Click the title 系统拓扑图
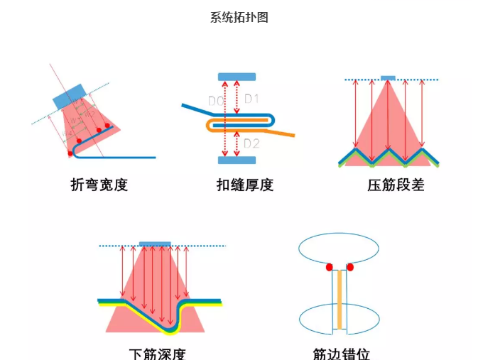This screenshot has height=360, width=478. (x=239, y=18)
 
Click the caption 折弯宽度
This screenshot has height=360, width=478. (x=99, y=185)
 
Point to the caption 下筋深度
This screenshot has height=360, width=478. (x=158, y=353)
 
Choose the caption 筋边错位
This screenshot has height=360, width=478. (x=341, y=353)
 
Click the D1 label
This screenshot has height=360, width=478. (x=252, y=99)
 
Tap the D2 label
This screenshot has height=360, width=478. (x=251, y=144)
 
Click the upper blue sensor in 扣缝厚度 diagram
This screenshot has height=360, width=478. (x=237, y=76)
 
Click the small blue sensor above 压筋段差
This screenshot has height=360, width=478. (x=388, y=77)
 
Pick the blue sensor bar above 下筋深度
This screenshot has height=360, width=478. (x=155, y=244)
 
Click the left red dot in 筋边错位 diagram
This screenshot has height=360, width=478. (x=330, y=268)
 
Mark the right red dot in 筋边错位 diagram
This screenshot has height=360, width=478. (x=350, y=267)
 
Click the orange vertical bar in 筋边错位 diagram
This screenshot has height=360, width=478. (x=340, y=302)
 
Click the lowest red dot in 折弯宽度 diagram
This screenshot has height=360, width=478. (x=70, y=153)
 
